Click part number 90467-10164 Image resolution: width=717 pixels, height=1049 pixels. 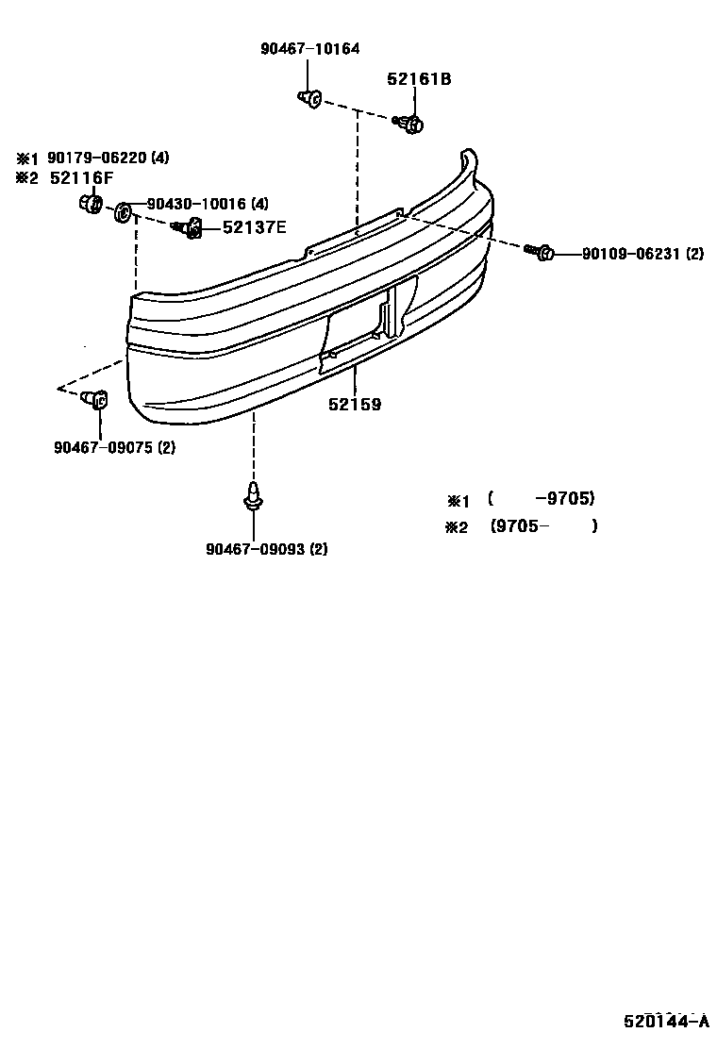[x=309, y=49]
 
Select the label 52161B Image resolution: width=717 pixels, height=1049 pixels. [x=418, y=80]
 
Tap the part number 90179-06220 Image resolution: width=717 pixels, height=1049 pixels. [x=99, y=158]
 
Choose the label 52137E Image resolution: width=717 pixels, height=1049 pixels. [x=255, y=226]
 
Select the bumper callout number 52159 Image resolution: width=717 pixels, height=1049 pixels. [x=355, y=405]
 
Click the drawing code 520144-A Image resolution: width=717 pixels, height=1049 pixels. [x=664, y=1022]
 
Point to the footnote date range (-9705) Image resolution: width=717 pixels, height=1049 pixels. [x=542, y=499]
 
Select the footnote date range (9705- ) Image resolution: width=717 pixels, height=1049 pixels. [x=543, y=526]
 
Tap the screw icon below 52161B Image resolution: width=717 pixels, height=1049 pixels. [x=410, y=122]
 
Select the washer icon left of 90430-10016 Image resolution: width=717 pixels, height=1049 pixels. [x=123, y=213]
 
